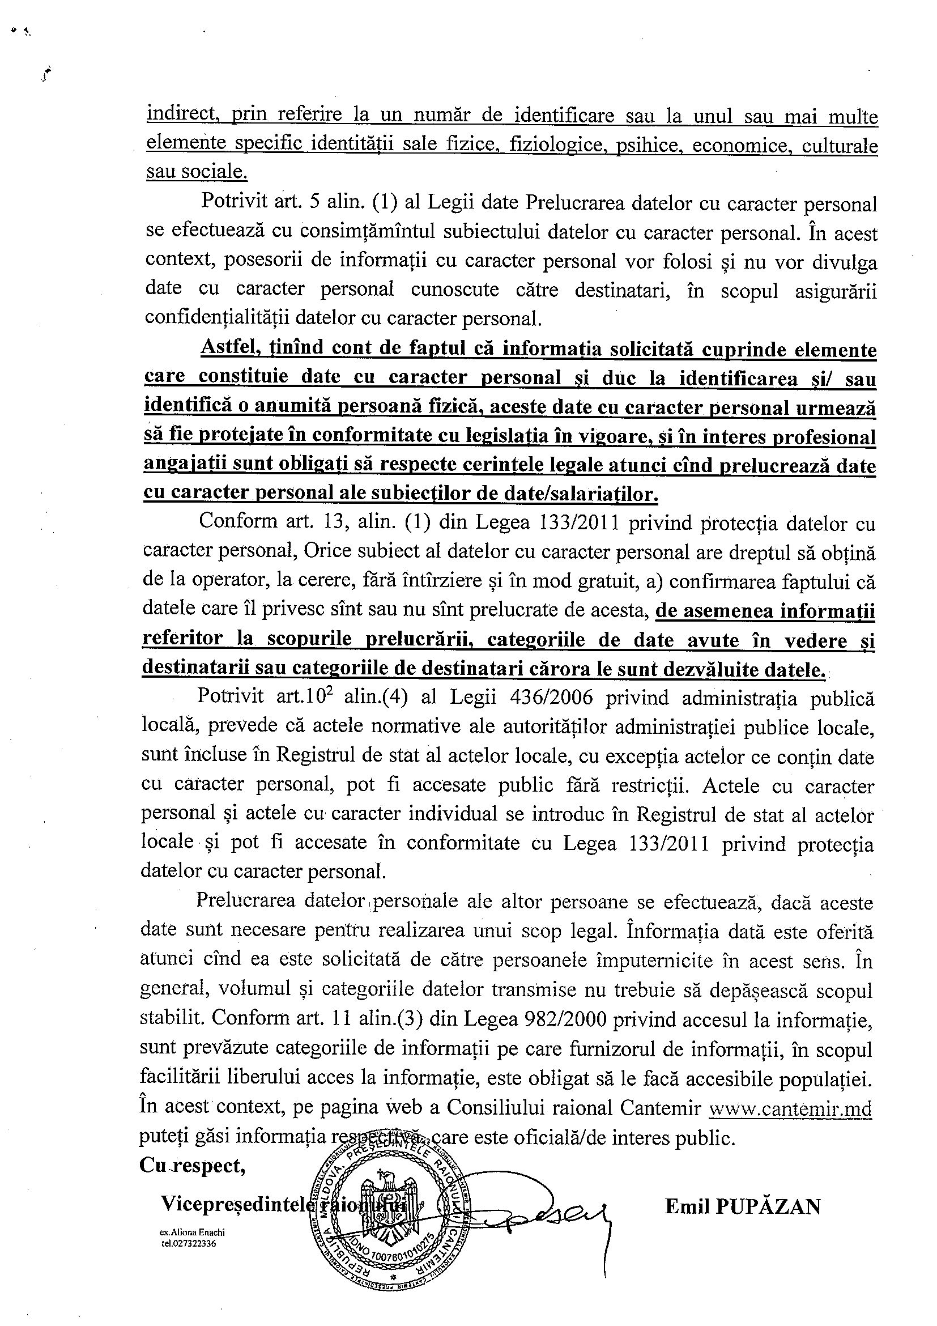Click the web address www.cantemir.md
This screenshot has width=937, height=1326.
pyautogui.click(x=790, y=1125)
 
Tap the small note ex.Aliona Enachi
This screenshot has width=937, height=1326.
pyautogui.click(x=192, y=1232)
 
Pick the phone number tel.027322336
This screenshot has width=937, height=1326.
pyautogui.click(x=189, y=1243)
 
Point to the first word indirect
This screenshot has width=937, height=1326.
pyautogui.click(x=180, y=114)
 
